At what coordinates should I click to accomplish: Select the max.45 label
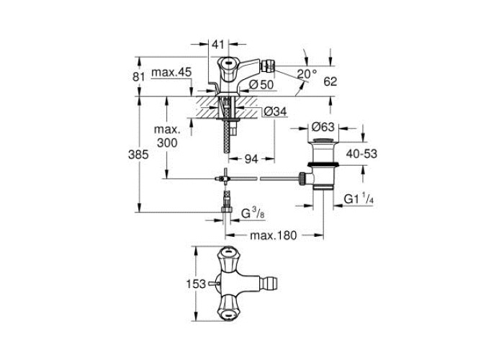[x=171, y=72]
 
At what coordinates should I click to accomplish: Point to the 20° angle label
[x=307, y=75]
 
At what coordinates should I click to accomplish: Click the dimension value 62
[x=330, y=81]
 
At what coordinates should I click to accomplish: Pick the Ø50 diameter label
[x=261, y=84]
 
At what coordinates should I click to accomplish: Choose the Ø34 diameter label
[x=275, y=112]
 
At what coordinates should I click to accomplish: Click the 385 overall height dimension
[x=138, y=155]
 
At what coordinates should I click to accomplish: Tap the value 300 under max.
[x=167, y=143]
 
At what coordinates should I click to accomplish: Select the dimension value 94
[x=251, y=158]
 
